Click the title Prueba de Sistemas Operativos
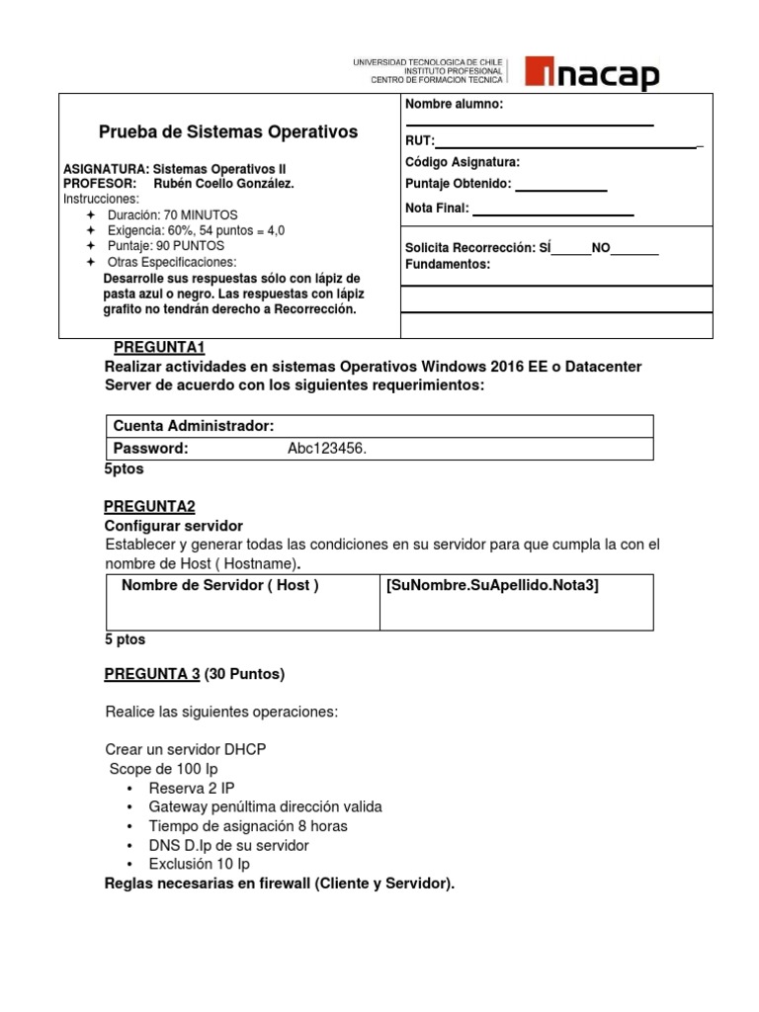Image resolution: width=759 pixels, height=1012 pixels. pos(228,132)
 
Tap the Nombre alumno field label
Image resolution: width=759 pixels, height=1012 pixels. pos(454,105)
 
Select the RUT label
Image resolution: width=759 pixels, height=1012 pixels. pos(419,142)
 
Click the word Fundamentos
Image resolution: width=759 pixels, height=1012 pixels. pos(447,265)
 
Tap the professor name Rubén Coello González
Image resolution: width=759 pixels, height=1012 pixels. pos(224,184)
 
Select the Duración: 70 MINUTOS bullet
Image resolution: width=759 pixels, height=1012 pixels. pos(172,214)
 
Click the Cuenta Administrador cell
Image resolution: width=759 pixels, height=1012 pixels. pos(193,426)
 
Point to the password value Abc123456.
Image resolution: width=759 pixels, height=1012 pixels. pos(326,449)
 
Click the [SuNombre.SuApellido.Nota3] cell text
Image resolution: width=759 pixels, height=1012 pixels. pos(493,586)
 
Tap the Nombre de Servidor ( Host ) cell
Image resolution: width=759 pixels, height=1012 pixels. pos(219,586)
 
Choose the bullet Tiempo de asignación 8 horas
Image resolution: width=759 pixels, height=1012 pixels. pos(248,825)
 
